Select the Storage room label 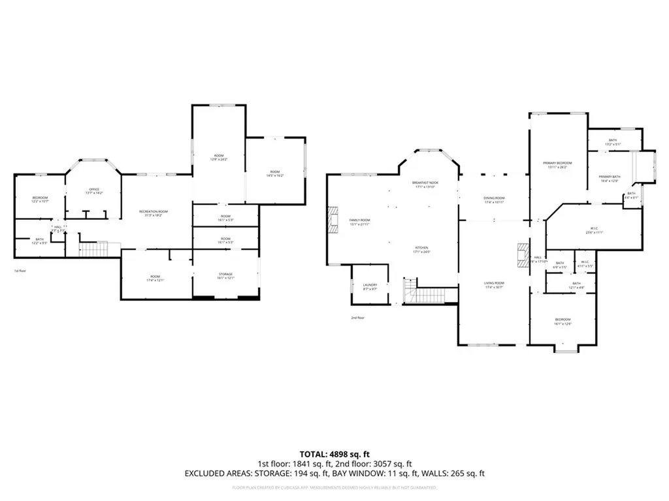click(225, 274)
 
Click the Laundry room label click(370, 285)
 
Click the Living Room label click(494, 283)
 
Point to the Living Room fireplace click(522, 255)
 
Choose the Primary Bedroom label click(557, 164)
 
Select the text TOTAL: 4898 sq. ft click(334, 453)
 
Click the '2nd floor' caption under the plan click(358, 318)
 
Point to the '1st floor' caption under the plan click(20, 270)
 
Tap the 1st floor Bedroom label click(41, 198)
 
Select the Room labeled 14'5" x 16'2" click(275, 173)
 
